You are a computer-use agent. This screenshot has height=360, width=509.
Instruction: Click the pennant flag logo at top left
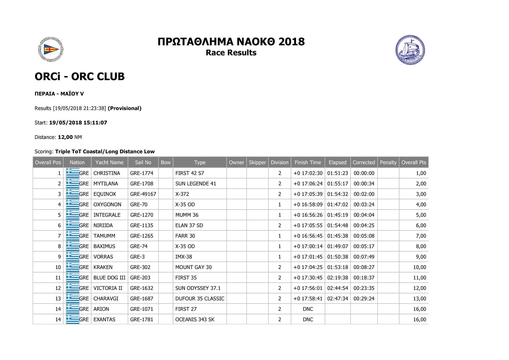(51, 50)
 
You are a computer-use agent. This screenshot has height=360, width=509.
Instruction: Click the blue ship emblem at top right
(410, 50)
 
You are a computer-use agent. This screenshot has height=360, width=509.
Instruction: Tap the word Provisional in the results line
(124, 108)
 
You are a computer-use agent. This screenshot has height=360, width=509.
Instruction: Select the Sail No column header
(143, 163)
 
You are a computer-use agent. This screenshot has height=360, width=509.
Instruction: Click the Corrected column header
(364, 163)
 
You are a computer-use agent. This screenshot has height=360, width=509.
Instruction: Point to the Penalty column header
(388, 163)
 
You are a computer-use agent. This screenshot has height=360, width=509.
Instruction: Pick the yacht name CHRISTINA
(107, 173)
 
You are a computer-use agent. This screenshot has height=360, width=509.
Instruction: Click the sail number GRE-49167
(143, 194)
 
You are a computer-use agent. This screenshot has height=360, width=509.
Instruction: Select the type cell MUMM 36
(187, 215)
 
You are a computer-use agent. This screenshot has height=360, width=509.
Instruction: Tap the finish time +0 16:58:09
(308, 205)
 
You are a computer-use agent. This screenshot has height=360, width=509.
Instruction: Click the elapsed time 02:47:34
(337, 299)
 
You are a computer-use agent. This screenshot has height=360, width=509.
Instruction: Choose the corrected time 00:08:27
(364, 267)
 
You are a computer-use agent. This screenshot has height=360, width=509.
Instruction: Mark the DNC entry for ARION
(308, 309)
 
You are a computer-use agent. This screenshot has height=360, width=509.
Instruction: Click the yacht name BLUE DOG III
(109, 278)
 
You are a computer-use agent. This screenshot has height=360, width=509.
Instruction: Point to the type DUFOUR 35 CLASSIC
(200, 299)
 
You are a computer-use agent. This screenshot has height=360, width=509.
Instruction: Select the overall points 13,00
(419, 299)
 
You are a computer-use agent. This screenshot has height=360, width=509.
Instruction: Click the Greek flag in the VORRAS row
(73, 257)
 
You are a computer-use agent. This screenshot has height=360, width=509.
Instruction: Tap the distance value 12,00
(65, 137)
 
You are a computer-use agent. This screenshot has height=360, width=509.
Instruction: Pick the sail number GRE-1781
(142, 320)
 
